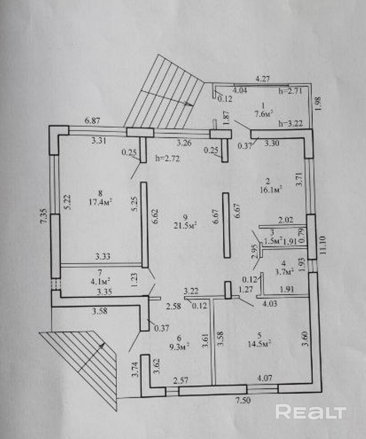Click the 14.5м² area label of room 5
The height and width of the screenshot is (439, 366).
click(x=259, y=343)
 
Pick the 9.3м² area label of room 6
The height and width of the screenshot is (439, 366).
click(x=179, y=347)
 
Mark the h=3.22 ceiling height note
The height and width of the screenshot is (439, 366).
click(x=291, y=124)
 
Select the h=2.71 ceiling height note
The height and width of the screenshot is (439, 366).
click(x=291, y=91)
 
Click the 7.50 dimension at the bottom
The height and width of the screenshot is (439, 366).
click(x=243, y=401)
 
